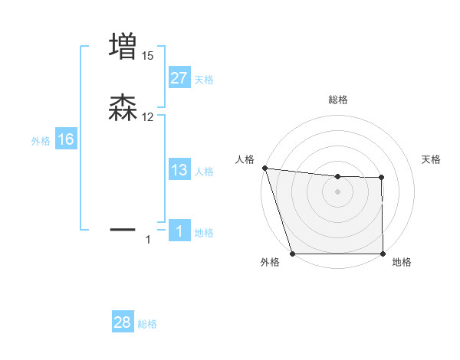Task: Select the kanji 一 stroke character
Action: pyautogui.click(x=123, y=229)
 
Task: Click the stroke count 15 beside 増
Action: pyautogui.click(x=148, y=55)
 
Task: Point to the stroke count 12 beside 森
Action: pyautogui.click(x=148, y=117)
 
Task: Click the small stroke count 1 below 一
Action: pyautogui.click(x=148, y=241)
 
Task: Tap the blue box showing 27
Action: pyautogui.click(x=179, y=78)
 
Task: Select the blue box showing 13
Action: pyautogui.click(x=179, y=170)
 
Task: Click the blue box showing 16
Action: pyautogui.click(x=65, y=139)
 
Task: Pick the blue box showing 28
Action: pyautogui.click(x=123, y=323)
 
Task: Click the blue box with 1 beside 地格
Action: pyautogui.click(x=179, y=232)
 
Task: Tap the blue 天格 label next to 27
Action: pyautogui.click(x=204, y=80)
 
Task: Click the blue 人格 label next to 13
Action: pyautogui.click(x=204, y=172)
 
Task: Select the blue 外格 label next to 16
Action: pyautogui.click(x=41, y=141)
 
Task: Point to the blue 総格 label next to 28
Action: pyautogui.click(x=147, y=325)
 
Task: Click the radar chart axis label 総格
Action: pyautogui.click(x=338, y=100)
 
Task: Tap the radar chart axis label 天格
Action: pyautogui.click(x=432, y=159)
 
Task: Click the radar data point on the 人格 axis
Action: pyautogui.click(x=264, y=168)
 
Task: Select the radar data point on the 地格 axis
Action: pyautogui.click(x=383, y=254)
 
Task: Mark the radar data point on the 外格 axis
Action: pyautogui.click(x=292, y=254)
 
